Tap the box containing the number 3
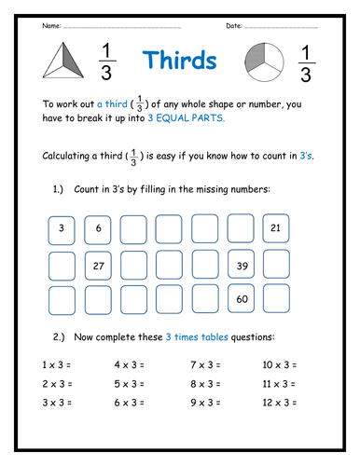pyautogui.click(x=61, y=228)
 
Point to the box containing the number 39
pyautogui.click(x=241, y=265)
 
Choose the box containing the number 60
pyautogui.click(x=241, y=299)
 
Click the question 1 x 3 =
pyautogui.click(x=61, y=362)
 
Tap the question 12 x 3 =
pyautogui.click(x=280, y=404)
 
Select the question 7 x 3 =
pyautogui.click(x=206, y=362)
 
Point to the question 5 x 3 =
pyautogui.click(x=132, y=383)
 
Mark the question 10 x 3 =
pyautogui.click(x=280, y=362)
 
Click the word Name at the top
pyautogui.click(x=51, y=26)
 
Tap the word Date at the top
pyautogui.click(x=234, y=26)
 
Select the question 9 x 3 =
pyautogui.click(x=206, y=404)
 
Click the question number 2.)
pyautogui.click(x=61, y=335)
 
